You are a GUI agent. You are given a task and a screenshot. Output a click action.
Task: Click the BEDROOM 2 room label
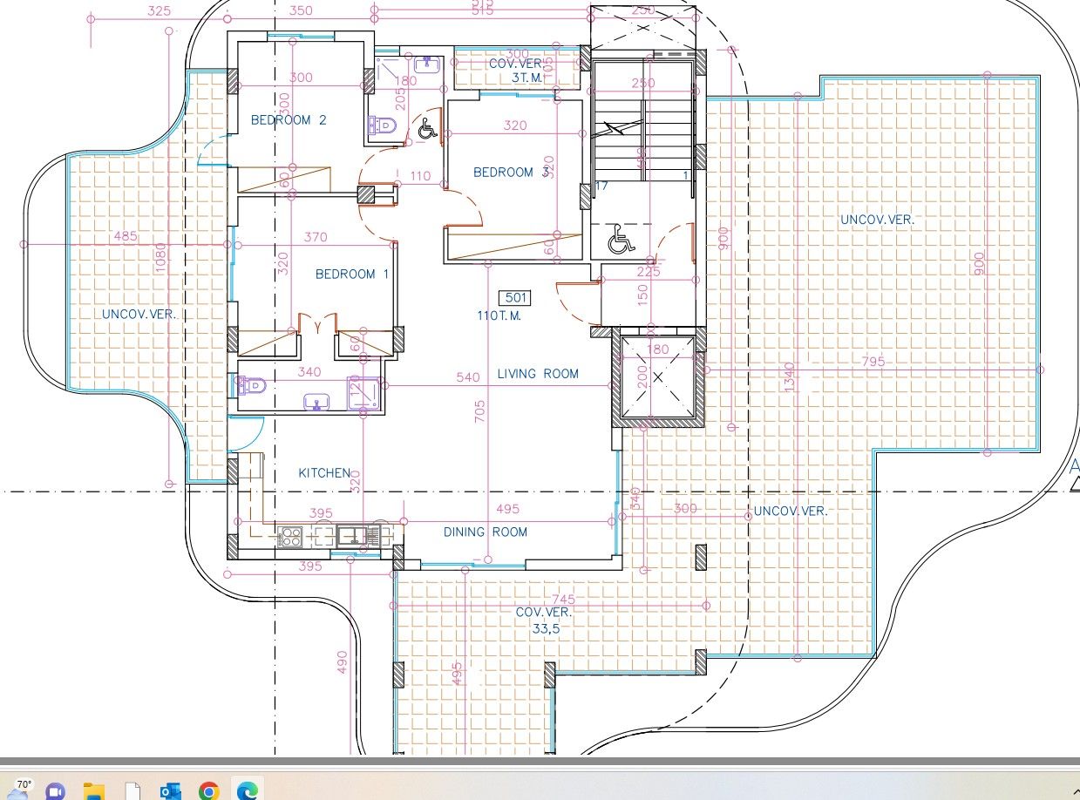click(x=289, y=120)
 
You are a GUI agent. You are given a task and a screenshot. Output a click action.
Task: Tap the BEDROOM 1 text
click(x=351, y=275)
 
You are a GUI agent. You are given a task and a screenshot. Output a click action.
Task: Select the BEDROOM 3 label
click(x=511, y=173)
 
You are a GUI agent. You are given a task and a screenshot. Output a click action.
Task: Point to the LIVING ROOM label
click(x=538, y=374)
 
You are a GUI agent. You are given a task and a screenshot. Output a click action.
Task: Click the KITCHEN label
click(x=324, y=473)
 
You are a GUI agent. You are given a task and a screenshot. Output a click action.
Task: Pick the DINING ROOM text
click(x=485, y=532)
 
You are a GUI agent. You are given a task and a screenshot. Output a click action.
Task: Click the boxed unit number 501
click(x=517, y=298)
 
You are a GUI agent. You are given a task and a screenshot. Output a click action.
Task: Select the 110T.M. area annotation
click(x=499, y=315)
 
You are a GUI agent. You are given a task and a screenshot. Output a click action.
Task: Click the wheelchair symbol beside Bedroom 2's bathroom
click(x=426, y=129)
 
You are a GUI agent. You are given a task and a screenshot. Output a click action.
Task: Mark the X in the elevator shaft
click(x=658, y=377)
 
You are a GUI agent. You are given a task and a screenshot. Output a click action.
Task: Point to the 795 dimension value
click(x=873, y=362)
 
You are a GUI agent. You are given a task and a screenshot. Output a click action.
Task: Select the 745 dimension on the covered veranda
click(x=564, y=599)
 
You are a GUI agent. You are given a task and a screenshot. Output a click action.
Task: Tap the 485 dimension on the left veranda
click(x=126, y=236)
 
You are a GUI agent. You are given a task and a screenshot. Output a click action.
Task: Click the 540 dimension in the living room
click(x=468, y=378)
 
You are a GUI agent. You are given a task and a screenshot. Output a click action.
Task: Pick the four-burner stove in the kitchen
click(x=290, y=537)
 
